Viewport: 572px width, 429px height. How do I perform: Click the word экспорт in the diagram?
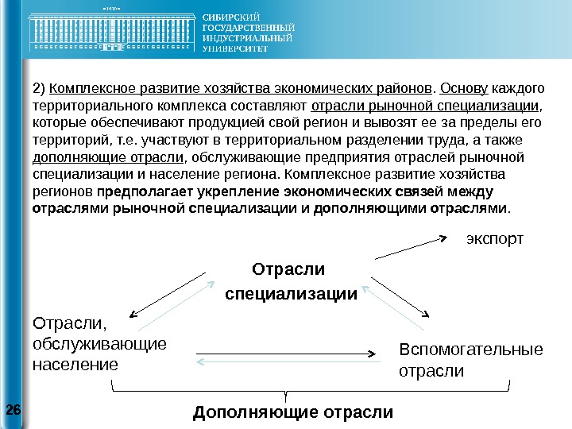tap(494, 238)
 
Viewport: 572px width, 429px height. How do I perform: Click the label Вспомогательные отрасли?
tap(470, 360)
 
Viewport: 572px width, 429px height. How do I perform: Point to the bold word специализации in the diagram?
tap(292, 295)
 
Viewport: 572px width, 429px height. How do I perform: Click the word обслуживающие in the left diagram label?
tap(99, 344)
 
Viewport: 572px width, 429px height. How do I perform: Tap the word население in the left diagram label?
tap(75, 365)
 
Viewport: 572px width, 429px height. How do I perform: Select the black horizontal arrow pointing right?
tap(286, 350)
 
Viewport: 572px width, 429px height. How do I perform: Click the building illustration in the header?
tap(111, 32)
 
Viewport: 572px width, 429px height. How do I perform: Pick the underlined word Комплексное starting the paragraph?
tap(92, 86)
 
